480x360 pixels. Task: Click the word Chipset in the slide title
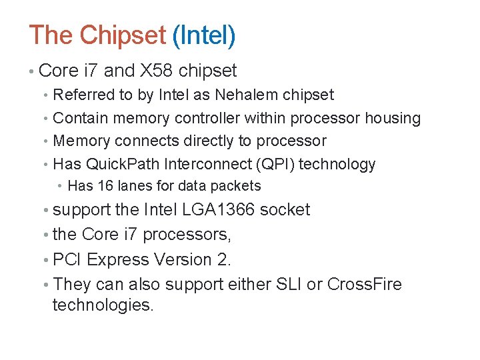click(122, 35)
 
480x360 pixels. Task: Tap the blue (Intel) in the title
click(203, 35)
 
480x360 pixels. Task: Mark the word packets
click(239, 186)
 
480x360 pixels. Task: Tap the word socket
click(285, 210)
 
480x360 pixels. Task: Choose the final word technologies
click(103, 305)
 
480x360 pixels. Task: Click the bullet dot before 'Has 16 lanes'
click(60, 187)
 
